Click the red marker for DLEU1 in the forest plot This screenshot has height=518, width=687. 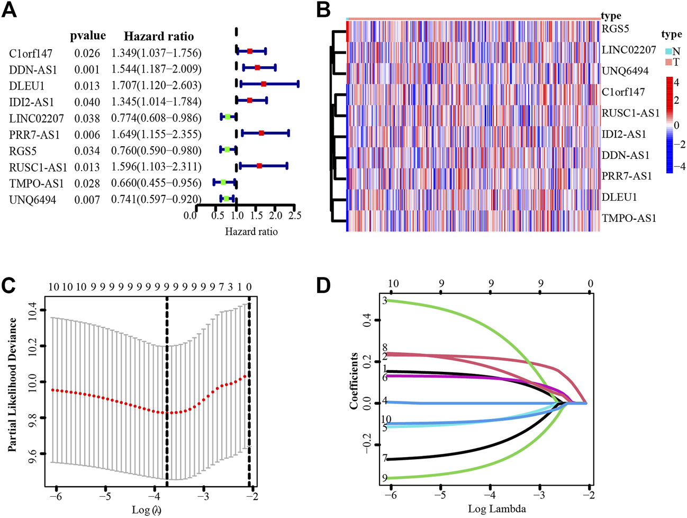(264, 84)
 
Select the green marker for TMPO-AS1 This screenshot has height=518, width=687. (223, 182)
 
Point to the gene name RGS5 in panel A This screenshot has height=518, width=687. (21, 151)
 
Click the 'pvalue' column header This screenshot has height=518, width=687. (88, 36)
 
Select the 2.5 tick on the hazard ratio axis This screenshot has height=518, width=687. (295, 216)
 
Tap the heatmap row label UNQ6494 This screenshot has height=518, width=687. (625, 71)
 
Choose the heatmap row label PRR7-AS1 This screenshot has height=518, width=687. (627, 176)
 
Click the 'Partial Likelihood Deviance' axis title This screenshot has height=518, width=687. (13, 385)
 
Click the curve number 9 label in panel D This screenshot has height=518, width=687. (385, 478)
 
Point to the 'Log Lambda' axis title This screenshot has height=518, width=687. (497, 509)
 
